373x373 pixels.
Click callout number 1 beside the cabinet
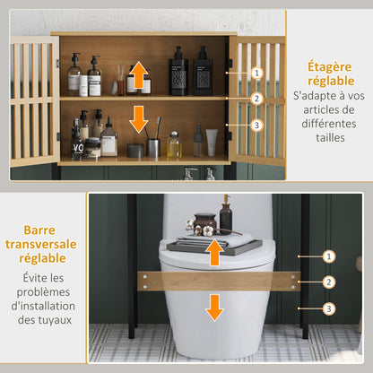coord(256,72)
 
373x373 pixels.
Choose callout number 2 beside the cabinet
coord(256,99)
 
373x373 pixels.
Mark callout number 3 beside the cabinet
coord(256,126)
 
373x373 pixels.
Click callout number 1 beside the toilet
coord(328,256)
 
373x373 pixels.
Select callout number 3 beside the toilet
coord(328,308)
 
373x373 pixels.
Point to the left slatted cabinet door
coord(33,99)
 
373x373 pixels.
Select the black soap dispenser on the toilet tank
coord(226,215)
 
